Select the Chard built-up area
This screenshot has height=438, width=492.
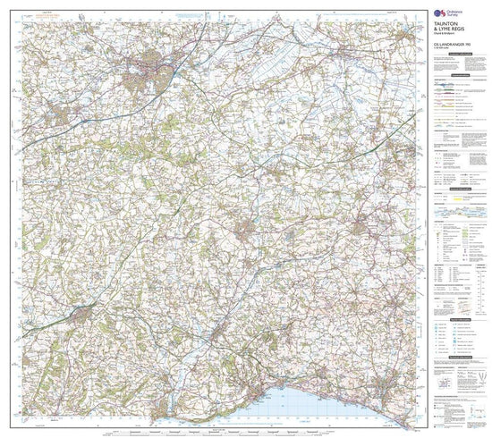249,233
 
